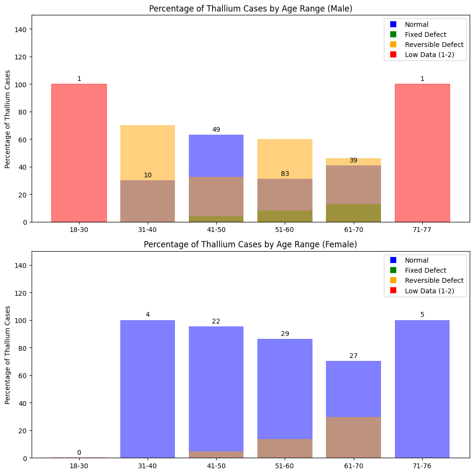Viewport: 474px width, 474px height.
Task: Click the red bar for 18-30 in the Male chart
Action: pyautogui.click(x=79, y=153)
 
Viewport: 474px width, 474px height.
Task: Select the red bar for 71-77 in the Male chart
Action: pyautogui.click(x=422, y=153)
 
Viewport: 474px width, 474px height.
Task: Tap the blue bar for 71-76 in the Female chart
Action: pyautogui.click(x=422, y=389)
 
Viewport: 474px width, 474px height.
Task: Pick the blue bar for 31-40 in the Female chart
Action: pyautogui.click(x=148, y=389)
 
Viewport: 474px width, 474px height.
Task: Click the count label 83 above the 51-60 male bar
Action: pyautogui.click(x=285, y=174)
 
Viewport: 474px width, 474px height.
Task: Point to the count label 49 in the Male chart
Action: pyautogui.click(x=216, y=130)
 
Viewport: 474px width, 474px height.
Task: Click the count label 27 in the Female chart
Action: pyautogui.click(x=354, y=356)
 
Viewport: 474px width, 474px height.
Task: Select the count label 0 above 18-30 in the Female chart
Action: pyautogui.click(x=79, y=452)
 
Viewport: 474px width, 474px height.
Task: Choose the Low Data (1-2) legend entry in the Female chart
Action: pyautogui.click(x=429, y=290)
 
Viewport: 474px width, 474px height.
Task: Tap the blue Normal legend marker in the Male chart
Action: pyautogui.click(x=393, y=24)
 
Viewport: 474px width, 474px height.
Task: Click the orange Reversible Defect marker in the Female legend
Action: pyautogui.click(x=393, y=280)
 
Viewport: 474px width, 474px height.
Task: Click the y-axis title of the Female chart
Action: pyautogui.click(x=8, y=355)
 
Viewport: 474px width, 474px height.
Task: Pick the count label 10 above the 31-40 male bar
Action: pyautogui.click(x=148, y=175)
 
